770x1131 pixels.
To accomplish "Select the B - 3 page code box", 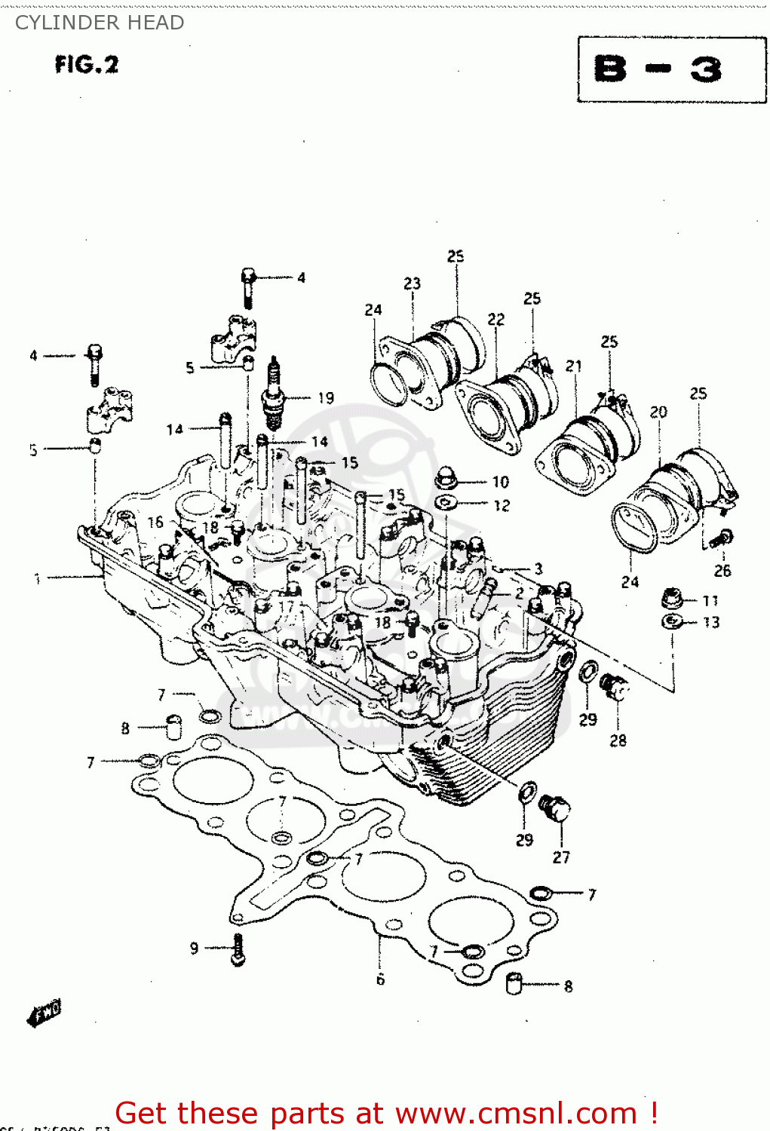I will [x=671, y=69].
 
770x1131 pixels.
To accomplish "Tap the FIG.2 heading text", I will [x=87, y=65].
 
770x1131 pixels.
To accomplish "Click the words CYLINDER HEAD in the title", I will [x=100, y=23].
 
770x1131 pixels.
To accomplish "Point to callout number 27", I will [x=561, y=857].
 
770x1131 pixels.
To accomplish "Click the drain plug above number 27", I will [x=556, y=809].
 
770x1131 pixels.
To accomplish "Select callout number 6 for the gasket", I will [x=380, y=979].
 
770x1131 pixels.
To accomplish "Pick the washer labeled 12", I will [x=446, y=503].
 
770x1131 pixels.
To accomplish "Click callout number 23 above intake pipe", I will [x=412, y=284].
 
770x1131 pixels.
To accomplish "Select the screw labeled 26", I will [x=722, y=538].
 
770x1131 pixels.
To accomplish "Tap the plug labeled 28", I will [x=615, y=688].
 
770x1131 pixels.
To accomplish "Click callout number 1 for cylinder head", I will [x=36, y=578].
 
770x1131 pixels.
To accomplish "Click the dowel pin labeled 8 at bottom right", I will [x=515, y=984].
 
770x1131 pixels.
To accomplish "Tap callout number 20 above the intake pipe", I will [x=658, y=412].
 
